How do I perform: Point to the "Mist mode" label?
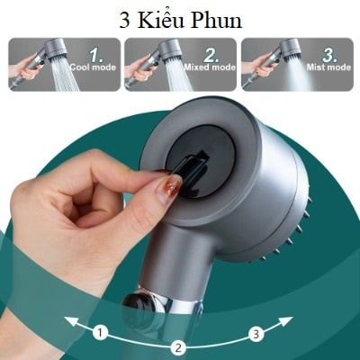click(x=328, y=67)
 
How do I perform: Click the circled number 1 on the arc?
click(x=100, y=333)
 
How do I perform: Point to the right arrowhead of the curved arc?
click(x=287, y=319)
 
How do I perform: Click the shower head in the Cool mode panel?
click(x=56, y=49)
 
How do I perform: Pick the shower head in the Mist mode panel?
click(x=289, y=49)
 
